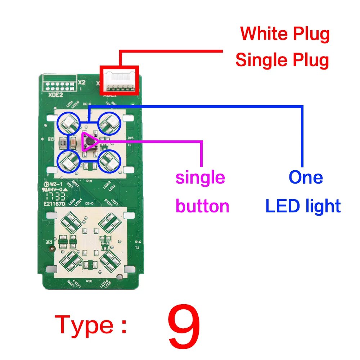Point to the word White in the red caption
(262, 34)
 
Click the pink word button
(202, 206)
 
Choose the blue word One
(306, 177)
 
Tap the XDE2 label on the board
(55, 95)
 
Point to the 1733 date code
(55, 197)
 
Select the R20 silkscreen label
(89, 280)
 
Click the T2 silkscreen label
(137, 248)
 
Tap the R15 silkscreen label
(130, 138)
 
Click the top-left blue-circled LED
(69, 122)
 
